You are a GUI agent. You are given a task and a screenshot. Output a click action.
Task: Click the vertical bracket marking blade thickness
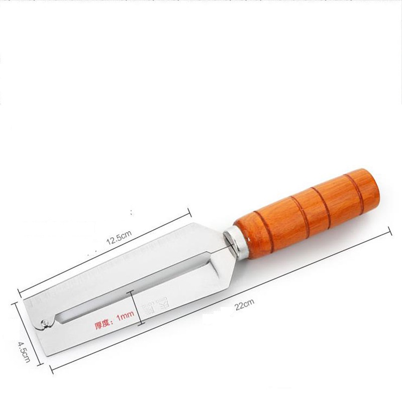[x=132, y=309]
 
